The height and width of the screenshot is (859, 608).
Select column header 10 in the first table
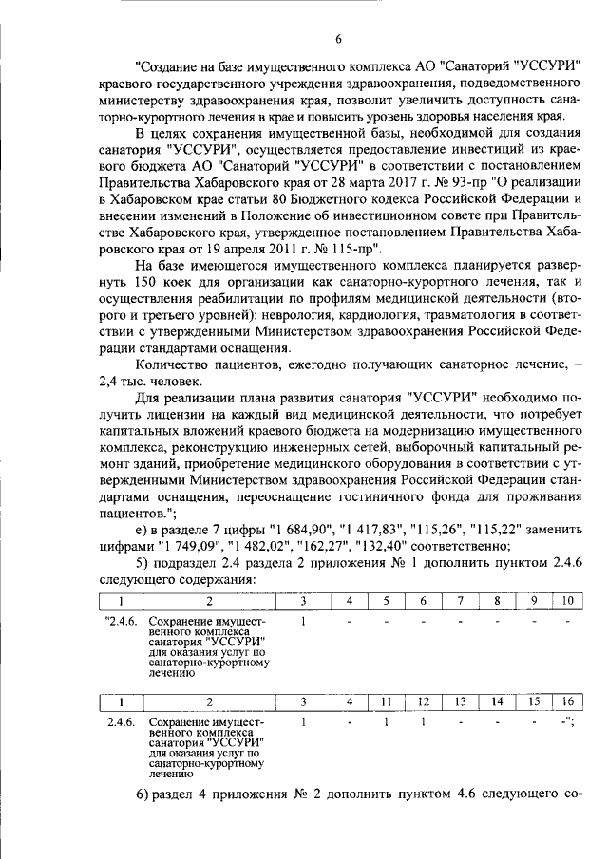coord(567,600)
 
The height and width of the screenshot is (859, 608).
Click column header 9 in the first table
coord(534,600)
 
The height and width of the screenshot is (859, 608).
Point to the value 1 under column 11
coord(387,721)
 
